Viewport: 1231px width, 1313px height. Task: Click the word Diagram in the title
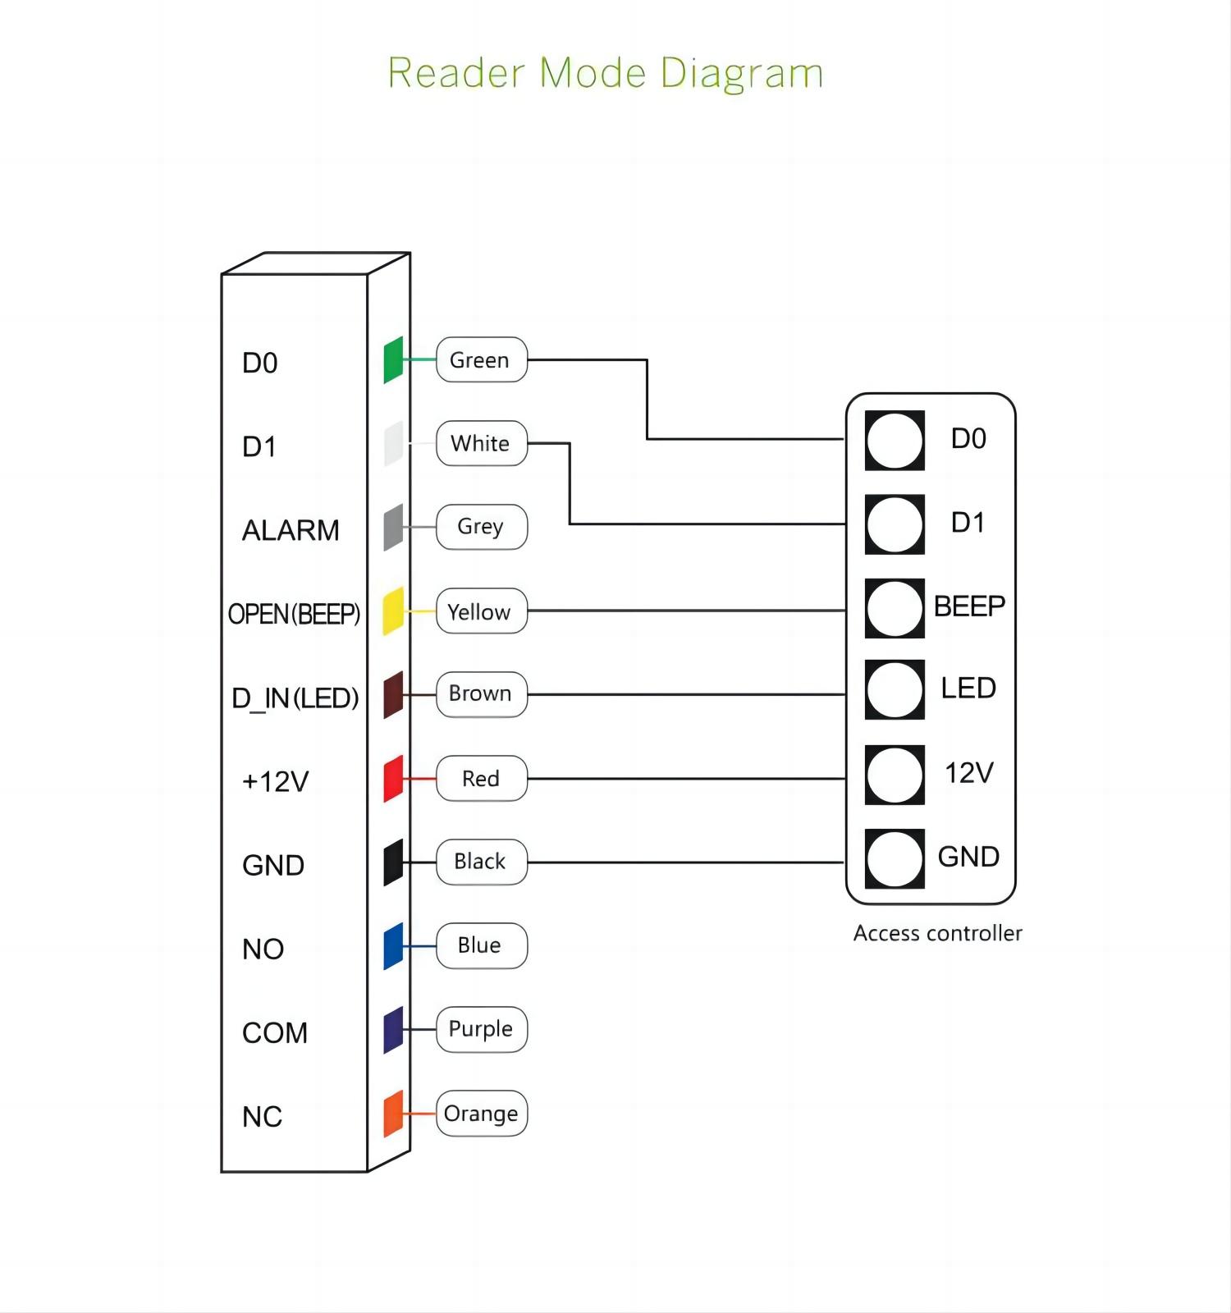pos(741,74)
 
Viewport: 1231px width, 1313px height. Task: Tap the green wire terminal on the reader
pos(393,359)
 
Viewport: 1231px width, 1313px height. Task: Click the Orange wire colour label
pos(481,1114)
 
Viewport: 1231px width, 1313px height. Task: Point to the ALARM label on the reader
pos(291,531)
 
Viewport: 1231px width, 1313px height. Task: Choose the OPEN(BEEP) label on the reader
pos(294,614)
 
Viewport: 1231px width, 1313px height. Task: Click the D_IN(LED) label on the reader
pos(295,698)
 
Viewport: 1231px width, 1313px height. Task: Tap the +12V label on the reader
pos(275,781)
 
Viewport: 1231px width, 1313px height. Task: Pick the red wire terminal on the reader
pos(393,779)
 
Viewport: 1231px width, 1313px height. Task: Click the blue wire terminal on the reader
pos(393,946)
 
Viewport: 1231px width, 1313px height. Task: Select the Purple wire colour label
pos(481,1029)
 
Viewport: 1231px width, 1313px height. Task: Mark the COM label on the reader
pos(275,1033)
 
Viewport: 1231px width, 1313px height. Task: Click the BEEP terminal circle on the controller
pos(895,608)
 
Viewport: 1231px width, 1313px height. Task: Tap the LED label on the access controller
pos(968,689)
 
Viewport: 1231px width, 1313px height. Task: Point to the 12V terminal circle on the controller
pos(895,775)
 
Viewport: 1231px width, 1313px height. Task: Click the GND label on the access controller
pos(968,857)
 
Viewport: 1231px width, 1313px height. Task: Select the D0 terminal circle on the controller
pos(895,441)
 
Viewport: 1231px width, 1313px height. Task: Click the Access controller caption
pos(937,934)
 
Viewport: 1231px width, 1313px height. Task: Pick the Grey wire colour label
pos(481,527)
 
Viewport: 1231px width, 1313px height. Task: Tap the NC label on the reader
pos(262,1117)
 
